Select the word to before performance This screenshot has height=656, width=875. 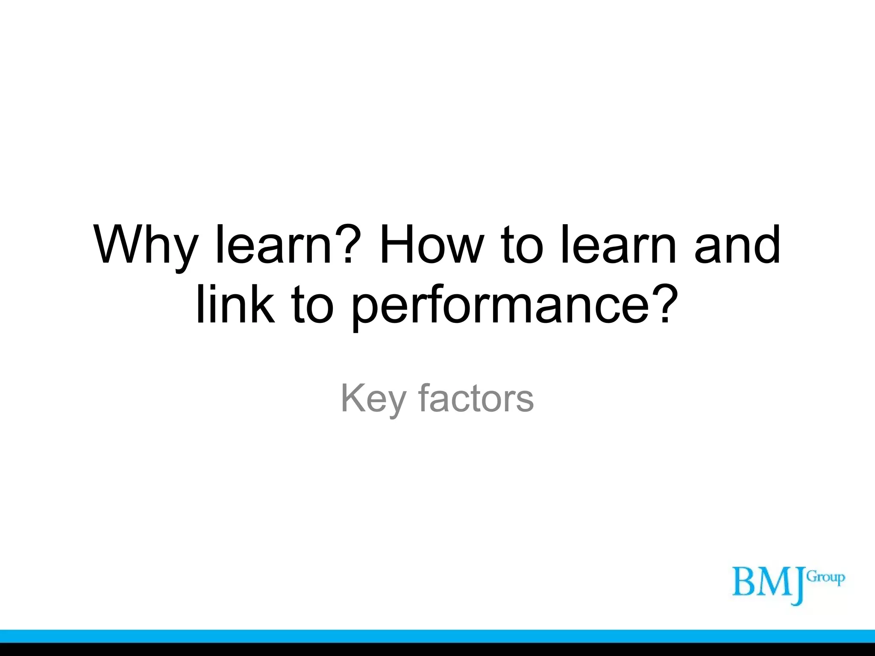click(x=312, y=305)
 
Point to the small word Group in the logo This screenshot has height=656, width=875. click(x=825, y=578)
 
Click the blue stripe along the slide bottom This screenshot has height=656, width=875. click(x=437, y=636)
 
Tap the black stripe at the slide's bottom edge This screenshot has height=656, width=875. click(x=437, y=650)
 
